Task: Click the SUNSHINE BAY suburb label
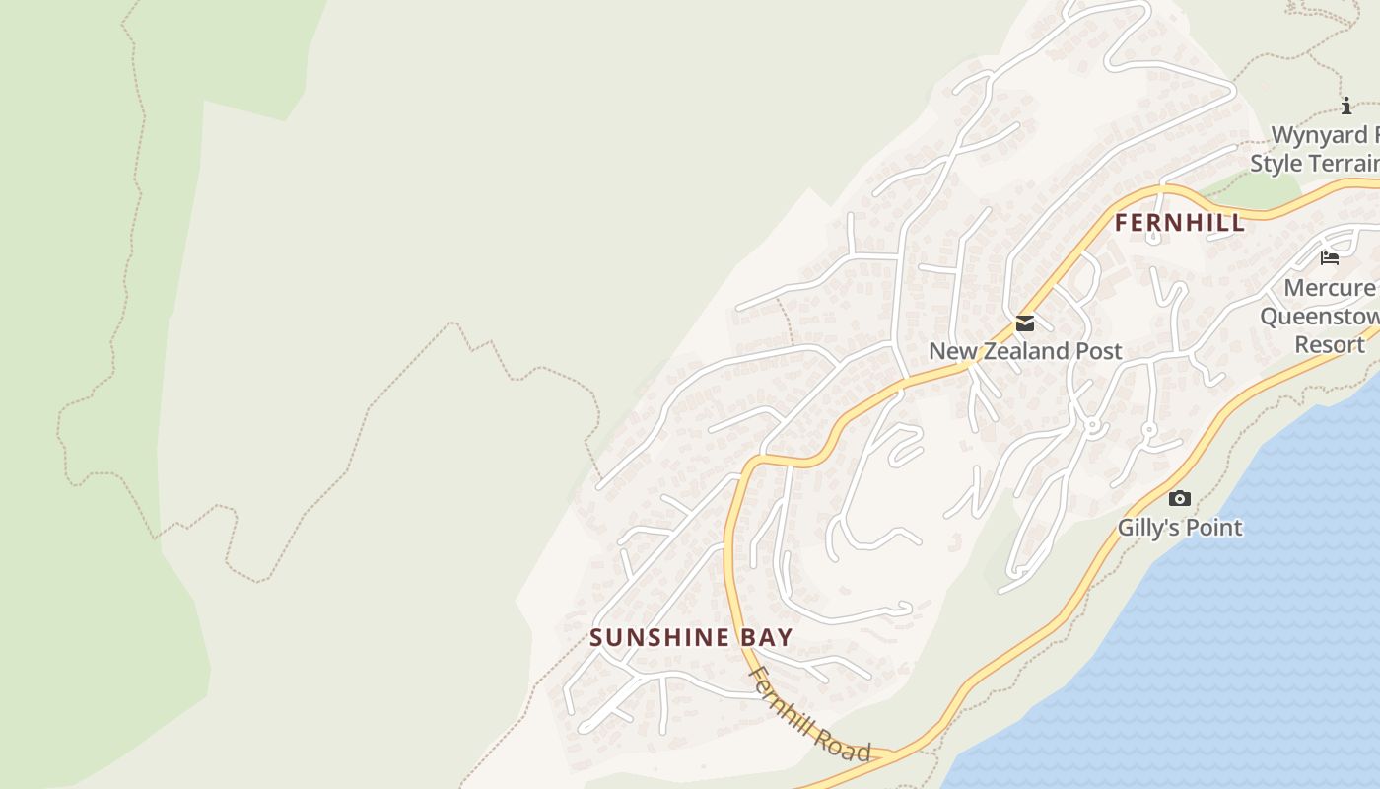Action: point(691,637)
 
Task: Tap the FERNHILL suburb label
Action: point(1180,223)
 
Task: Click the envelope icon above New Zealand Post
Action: point(1025,323)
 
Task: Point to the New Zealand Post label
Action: point(1025,351)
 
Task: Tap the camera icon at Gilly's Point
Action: point(1179,499)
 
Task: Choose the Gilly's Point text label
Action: point(1180,528)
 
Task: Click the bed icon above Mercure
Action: point(1330,258)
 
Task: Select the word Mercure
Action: point(1330,288)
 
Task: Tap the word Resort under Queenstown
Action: point(1330,345)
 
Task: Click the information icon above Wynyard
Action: point(1346,107)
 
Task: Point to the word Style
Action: point(1277,163)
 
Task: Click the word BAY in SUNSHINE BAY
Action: point(767,637)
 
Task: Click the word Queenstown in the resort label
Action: point(1320,317)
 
